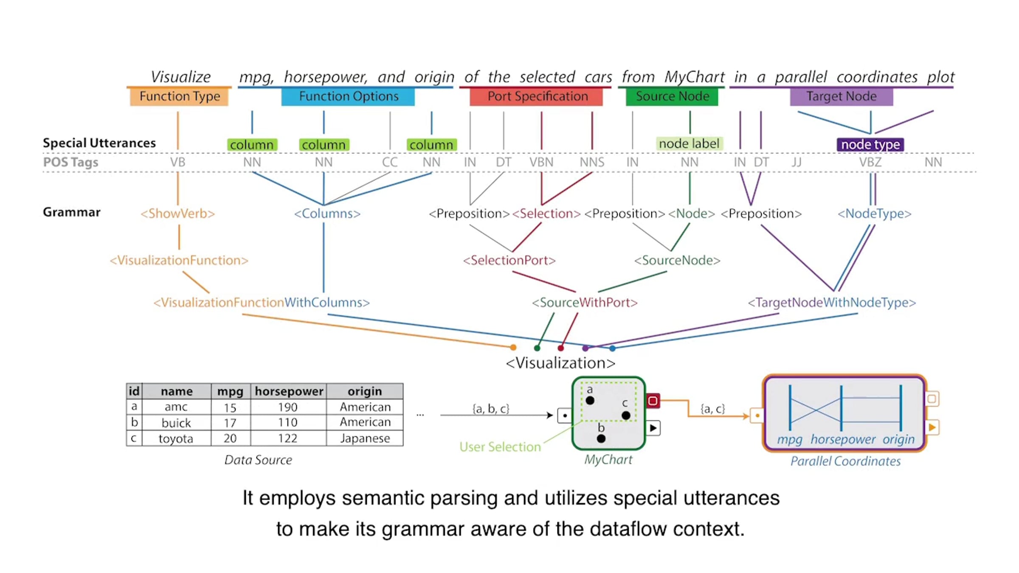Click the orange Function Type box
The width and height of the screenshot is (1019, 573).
point(179,96)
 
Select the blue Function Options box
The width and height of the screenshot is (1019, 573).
point(348,96)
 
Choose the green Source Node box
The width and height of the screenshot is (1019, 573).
point(672,96)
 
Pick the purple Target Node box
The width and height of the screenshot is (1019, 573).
point(842,96)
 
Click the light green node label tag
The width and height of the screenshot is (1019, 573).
point(689,143)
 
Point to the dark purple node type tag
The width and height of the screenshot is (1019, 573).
point(870,144)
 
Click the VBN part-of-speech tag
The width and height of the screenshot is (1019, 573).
point(541,162)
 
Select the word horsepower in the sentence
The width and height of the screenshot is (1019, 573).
point(325,77)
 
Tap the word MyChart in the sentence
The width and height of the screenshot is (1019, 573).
point(695,77)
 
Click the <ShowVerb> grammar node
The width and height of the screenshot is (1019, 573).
point(178,213)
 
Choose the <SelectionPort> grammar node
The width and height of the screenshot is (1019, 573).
point(509,260)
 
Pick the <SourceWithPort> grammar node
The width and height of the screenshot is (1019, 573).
point(585,303)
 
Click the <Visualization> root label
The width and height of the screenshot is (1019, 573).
point(560,363)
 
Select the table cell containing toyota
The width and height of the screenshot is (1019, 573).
point(176,438)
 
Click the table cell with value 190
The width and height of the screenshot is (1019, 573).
point(288,407)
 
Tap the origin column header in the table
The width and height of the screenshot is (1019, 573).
point(365,391)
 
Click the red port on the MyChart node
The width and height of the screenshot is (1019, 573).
point(653,400)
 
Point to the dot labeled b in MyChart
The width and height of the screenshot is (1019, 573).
point(601,439)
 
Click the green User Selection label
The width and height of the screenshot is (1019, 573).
point(500,447)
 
